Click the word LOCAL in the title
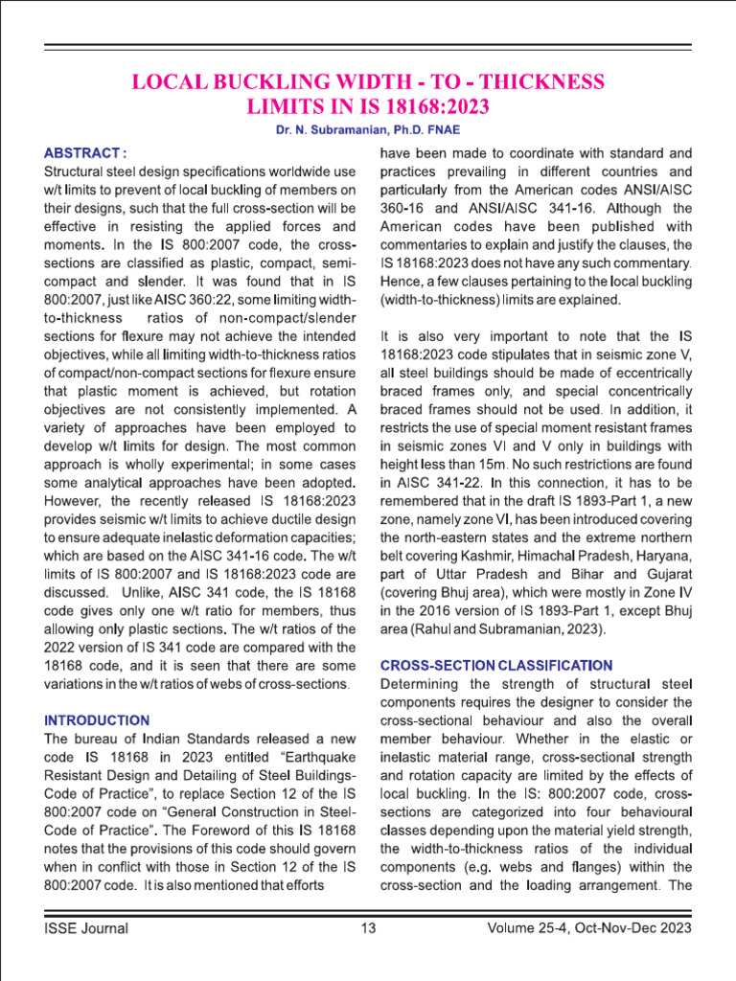[x=172, y=82]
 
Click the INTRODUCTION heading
[x=97, y=719]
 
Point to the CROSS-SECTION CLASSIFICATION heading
[x=495, y=664]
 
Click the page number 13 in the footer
[x=368, y=927]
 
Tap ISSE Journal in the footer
[x=86, y=927]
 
